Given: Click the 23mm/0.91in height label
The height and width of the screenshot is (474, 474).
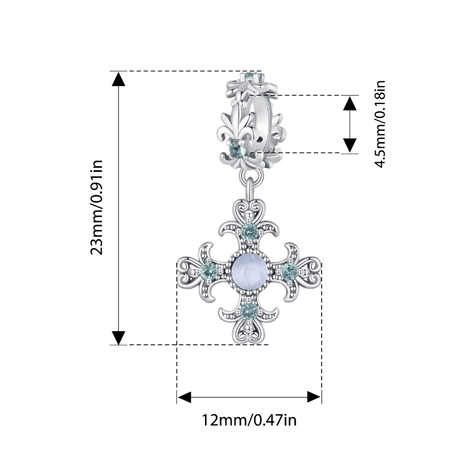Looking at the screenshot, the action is pos(97,207).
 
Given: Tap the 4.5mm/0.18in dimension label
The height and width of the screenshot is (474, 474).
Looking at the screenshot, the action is pos(380,124).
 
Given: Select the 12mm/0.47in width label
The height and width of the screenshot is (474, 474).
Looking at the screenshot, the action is pos(249,420).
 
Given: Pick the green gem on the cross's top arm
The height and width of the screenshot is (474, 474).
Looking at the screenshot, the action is pos(249,232).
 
